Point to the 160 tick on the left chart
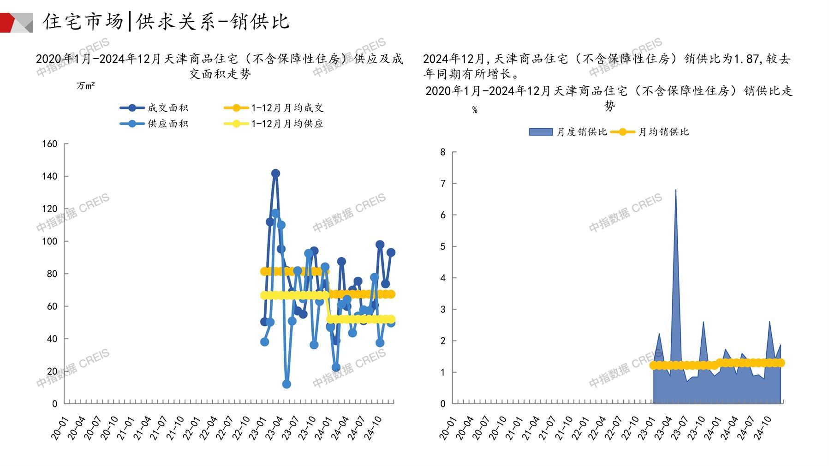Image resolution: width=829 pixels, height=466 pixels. click(x=50, y=144)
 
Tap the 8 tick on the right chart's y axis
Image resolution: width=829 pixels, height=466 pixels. click(x=443, y=152)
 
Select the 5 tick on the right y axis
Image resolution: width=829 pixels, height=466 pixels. click(x=443, y=246)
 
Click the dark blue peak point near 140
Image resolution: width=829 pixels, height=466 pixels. click(x=275, y=173)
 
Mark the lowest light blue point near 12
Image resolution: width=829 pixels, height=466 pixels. click(x=286, y=384)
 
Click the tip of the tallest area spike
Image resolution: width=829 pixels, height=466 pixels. click(x=676, y=190)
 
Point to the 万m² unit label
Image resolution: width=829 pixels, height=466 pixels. click(x=86, y=86)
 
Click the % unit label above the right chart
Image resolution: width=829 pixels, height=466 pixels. click(x=475, y=110)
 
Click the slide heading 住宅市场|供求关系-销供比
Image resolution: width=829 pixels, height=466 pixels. click(x=166, y=21)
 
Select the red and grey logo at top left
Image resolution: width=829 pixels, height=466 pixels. click(x=17, y=23)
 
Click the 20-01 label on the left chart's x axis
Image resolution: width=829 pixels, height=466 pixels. click(x=59, y=428)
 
